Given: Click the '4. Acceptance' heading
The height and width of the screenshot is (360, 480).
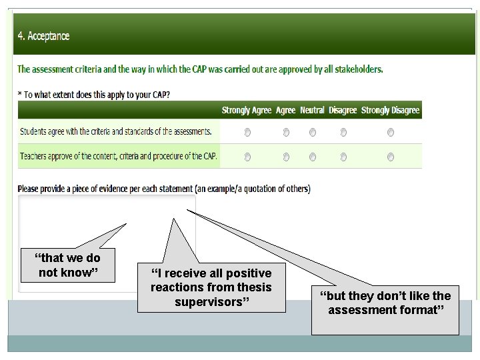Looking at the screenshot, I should coord(44,36).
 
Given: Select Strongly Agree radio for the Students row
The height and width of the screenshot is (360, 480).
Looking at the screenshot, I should coord(247,133).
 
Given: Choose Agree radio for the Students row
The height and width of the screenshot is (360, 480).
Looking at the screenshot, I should coord(286,133).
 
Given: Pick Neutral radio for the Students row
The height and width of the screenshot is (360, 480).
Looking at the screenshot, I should coord(313,133).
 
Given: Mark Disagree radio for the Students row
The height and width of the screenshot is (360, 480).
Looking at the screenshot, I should coord(343,133).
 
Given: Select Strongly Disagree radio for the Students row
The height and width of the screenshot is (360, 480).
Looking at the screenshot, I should coord(391,133).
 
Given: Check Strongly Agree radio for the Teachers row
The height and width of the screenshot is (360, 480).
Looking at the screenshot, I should coord(247,157).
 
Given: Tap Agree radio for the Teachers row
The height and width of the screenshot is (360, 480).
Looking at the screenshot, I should coord(286,157).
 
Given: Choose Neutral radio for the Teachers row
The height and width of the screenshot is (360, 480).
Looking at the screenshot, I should coord(313,157).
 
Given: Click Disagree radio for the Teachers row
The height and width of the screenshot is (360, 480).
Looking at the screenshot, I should coord(343,157).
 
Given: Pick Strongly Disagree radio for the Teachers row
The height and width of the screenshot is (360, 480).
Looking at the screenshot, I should coord(391,157).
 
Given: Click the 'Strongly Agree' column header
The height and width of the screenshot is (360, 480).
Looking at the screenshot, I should coord(247,110).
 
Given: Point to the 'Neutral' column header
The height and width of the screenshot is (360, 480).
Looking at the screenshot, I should coord(312,110).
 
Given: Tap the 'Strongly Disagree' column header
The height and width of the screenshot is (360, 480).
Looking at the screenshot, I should coord(390,110).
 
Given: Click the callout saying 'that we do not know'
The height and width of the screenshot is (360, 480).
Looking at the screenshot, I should coord(69,265).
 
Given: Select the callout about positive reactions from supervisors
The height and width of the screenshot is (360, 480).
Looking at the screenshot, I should coord(211,287).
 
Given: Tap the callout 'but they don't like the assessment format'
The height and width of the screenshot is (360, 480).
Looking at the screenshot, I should coord(385,303).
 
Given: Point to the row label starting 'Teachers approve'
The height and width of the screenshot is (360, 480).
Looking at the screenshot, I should coord(119,156).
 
